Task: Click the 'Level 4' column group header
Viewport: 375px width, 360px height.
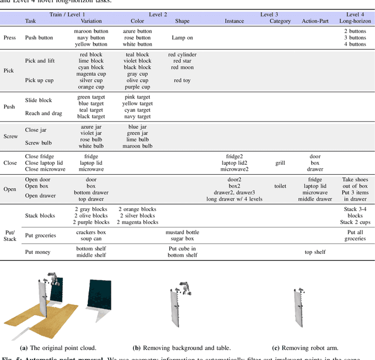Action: (354, 13)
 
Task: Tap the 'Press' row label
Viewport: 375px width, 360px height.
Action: (10, 38)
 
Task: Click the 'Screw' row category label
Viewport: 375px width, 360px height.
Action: (10, 136)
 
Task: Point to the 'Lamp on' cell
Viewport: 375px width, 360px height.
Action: (182, 38)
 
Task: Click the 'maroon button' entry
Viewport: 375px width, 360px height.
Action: (91, 31)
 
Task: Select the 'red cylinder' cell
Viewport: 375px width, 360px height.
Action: (182, 55)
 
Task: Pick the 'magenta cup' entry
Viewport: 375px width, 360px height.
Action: (91, 74)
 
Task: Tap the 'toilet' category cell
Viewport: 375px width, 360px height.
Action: (280, 186)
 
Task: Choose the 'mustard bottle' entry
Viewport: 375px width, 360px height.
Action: (182, 232)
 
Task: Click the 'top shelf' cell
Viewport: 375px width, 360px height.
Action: (315, 252)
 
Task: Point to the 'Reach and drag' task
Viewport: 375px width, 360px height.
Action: (44, 113)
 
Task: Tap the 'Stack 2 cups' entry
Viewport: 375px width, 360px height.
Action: (354, 222)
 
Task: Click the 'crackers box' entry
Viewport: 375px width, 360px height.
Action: (91, 232)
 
